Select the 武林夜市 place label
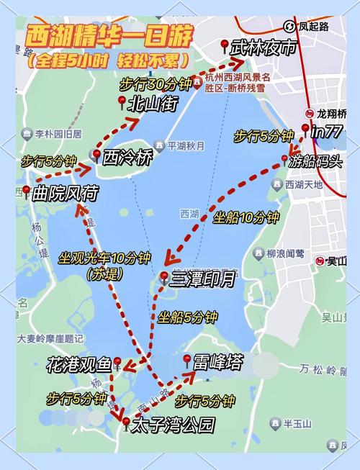tap(262, 48)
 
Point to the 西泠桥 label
tap(128, 155)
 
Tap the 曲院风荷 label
tap(66, 193)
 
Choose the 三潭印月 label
tap(203, 279)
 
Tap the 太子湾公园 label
tap(173, 425)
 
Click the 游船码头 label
tap(315, 161)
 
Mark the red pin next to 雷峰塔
tap(187, 359)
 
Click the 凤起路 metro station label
tap(313, 27)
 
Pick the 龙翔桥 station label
tap(332, 113)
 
